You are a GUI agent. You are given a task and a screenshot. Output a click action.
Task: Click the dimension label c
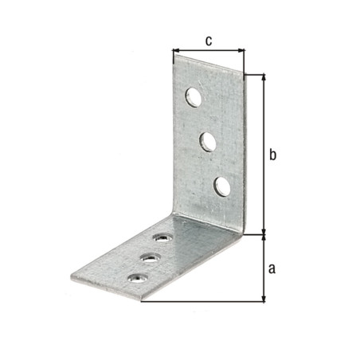tap(209, 41)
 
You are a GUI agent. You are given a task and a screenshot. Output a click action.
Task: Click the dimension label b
tap(272, 155)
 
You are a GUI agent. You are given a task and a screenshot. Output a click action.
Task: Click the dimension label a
tap(272, 268)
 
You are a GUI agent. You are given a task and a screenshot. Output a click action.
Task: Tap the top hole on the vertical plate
tap(194, 97)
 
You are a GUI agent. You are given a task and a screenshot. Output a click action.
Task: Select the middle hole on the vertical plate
tap(208, 142)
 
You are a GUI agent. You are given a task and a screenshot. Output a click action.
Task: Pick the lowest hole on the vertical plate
tap(222, 186)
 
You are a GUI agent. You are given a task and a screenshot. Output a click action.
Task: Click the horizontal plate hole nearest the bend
tap(162, 237)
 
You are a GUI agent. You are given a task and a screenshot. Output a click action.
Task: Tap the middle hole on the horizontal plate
tap(151, 258)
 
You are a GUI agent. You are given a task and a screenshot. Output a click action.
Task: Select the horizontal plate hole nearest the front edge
tap(138, 278)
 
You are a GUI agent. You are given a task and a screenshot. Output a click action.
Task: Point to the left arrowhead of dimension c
tap(175, 50)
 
